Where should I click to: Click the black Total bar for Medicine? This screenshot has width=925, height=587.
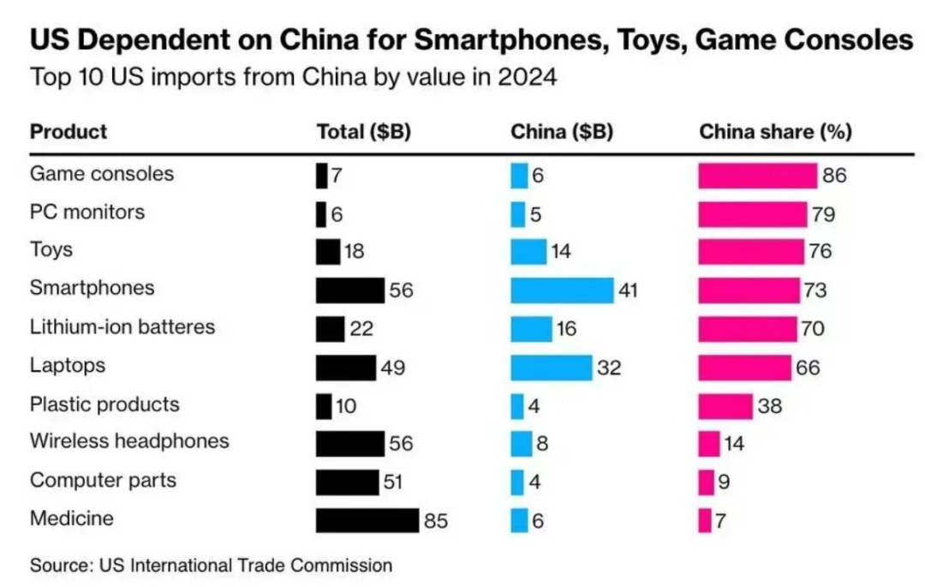[x=367, y=520]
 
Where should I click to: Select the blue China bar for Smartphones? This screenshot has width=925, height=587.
[x=562, y=291]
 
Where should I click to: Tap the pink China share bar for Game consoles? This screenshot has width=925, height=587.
[x=758, y=176]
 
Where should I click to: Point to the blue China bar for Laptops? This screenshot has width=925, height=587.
[x=552, y=368]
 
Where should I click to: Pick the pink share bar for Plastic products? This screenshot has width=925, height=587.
[x=725, y=406]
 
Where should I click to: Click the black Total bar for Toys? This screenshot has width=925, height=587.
[x=328, y=252]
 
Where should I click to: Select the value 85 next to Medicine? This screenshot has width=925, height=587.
[x=436, y=521]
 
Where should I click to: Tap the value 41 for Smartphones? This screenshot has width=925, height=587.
[x=629, y=291]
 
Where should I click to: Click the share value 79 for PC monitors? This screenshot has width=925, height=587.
[x=824, y=214]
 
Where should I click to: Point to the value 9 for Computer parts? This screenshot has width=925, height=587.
[x=724, y=482]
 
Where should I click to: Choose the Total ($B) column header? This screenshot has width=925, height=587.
[x=364, y=132]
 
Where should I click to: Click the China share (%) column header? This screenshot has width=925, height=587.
[x=776, y=132]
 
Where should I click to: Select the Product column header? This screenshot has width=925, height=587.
[x=69, y=132]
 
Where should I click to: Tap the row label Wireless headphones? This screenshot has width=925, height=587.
[x=129, y=441]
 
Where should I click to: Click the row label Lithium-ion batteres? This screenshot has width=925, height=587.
[x=122, y=326]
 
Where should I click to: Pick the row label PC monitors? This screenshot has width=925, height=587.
[x=87, y=213]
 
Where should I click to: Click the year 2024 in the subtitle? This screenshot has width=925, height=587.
[x=527, y=77]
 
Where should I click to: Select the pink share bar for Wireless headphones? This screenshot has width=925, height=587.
[x=709, y=444]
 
